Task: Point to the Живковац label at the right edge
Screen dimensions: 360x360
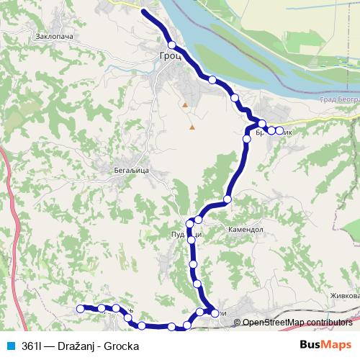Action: pos(342,295)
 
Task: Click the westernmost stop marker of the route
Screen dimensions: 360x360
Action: pos(80,309)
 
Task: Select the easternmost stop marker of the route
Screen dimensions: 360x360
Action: pos(279,130)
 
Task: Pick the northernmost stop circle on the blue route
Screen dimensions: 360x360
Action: pos(171,45)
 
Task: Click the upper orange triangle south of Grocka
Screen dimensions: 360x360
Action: pos(185,105)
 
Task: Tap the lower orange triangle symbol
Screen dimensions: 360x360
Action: pos(192,127)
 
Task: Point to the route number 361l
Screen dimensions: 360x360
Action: pos(31,344)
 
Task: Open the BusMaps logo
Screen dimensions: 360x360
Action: pos(325,343)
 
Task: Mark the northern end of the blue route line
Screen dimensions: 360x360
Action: pos(144,12)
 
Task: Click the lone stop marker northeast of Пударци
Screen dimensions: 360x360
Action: pos(228,199)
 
